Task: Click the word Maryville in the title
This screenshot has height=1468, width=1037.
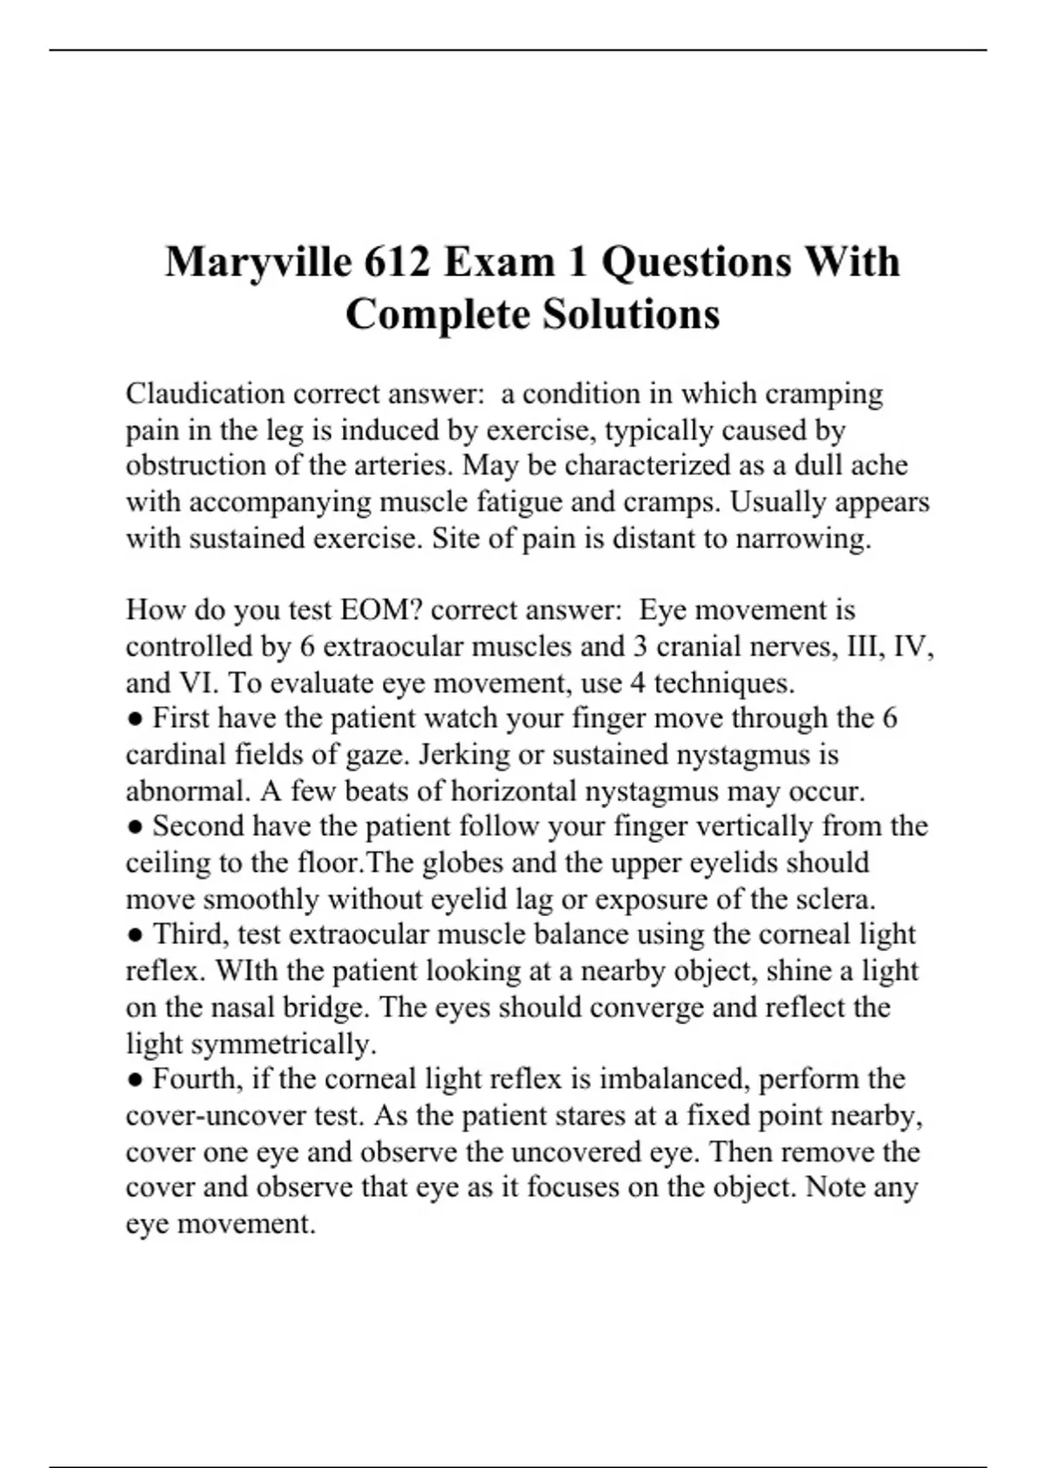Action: [256, 262]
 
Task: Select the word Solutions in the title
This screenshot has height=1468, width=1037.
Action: [631, 313]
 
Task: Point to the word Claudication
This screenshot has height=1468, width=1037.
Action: [205, 394]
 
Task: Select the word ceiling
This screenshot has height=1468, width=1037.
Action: [168, 863]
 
